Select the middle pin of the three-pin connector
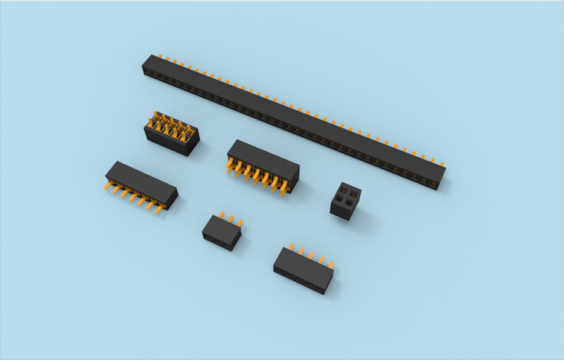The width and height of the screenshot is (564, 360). point(228,219)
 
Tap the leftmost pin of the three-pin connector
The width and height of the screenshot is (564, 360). point(219,216)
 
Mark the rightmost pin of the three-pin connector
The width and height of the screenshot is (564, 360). point(238,223)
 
